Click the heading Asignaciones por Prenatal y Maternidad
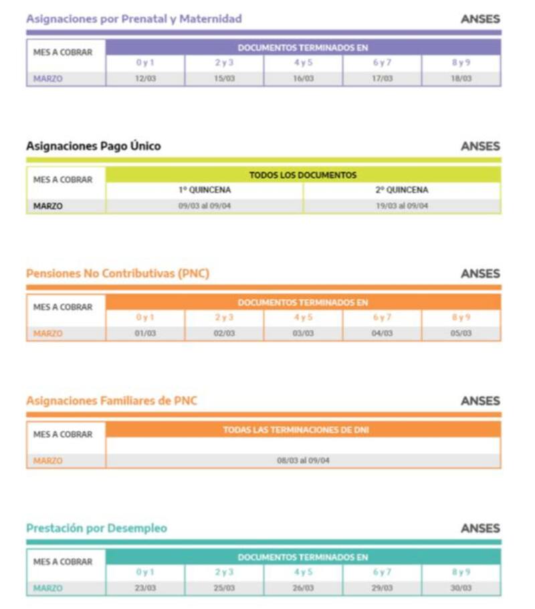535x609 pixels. (x=134, y=19)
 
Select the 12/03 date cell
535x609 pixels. (x=145, y=79)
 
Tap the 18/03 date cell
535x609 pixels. (x=461, y=79)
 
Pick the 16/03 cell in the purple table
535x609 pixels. (x=303, y=79)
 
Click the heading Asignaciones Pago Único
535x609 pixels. (x=94, y=146)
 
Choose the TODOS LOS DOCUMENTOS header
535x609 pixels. (x=303, y=175)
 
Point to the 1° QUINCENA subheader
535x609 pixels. (x=205, y=190)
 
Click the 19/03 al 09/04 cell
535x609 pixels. (x=402, y=206)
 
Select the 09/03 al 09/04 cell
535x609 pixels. (x=205, y=206)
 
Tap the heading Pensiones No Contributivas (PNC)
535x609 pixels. (x=118, y=273)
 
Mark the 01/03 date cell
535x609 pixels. (x=145, y=333)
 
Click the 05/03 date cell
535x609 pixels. (x=461, y=333)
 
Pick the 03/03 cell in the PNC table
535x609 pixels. (x=303, y=333)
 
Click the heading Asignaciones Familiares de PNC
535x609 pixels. (x=112, y=401)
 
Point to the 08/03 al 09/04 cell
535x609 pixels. (x=303, y=461)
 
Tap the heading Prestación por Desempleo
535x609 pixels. (x=97, y=528)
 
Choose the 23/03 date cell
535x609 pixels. (x=145, y=588)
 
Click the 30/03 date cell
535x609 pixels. (x=461, y=588)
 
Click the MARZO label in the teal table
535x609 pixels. (x=47, y=588)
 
